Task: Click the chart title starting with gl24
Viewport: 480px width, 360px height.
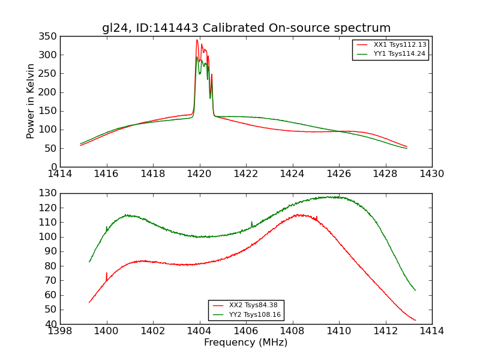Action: [246, 28]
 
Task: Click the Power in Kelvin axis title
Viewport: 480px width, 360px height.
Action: [31, 101]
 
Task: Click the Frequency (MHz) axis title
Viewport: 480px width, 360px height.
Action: [246, 343]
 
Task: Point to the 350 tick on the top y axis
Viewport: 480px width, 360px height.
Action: [50, 37]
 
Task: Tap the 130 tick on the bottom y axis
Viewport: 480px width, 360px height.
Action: [50, 193]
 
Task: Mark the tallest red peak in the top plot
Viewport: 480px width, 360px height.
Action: [197, 40]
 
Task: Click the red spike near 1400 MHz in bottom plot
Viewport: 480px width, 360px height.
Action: [107, 274]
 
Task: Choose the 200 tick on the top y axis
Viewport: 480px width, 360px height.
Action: [50, 92]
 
